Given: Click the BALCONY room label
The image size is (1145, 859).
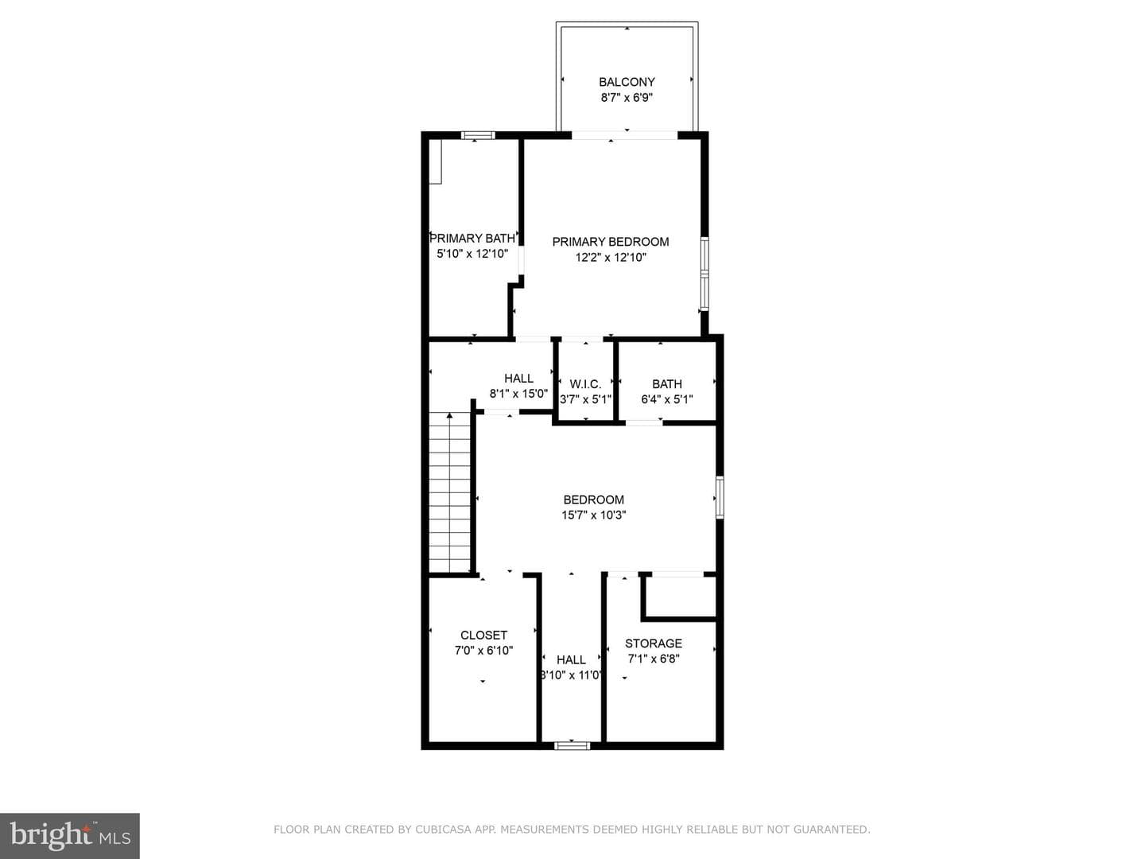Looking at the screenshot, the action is (x=627, y=82).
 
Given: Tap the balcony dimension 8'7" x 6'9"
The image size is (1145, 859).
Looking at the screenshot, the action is (x=627, y=98).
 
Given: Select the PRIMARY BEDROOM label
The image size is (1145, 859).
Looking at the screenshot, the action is (x=611, y=242).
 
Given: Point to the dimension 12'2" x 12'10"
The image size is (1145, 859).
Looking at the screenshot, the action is (x=611, y=257).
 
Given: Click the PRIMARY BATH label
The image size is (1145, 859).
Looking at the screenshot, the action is (x=472, y=239).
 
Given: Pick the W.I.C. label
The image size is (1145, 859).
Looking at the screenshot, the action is (x=585, y=384).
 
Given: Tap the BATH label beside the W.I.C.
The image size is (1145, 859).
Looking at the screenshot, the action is (x=666, y=384).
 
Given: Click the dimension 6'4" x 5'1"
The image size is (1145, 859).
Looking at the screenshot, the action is (x=666, y=399).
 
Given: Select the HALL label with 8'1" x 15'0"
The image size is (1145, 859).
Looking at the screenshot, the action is (x=518, y=378).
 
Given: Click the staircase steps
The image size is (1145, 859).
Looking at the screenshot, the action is (x=450, y=492).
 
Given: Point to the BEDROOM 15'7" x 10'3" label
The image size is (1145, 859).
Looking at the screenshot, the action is (x=594, y=499).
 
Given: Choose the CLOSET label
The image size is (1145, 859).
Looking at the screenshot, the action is (x=483, y=636).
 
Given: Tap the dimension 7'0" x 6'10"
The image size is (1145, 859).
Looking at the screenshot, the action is (x=483, y=651).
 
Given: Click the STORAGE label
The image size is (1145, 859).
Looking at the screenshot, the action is (x=653, y=643).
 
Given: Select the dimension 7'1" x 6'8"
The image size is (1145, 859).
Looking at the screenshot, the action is (x=653, y=659).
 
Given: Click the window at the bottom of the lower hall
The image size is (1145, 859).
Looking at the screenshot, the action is (x=572, y=745).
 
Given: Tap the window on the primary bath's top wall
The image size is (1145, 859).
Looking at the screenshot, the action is (x=478, y=135).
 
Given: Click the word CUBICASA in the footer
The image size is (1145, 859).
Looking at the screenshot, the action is (x=440, y=830).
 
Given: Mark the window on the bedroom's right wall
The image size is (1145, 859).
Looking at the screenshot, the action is (x=720, y=497).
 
